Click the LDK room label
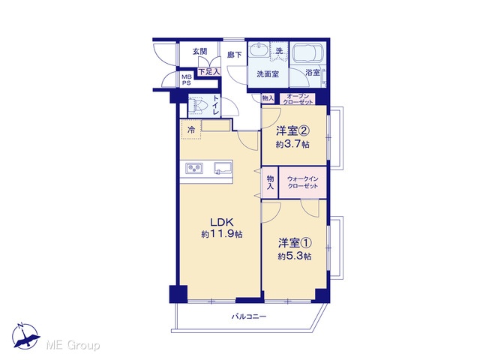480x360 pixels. click(222, 222)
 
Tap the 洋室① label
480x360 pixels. click(295, 243)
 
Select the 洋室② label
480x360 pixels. click(293, 131)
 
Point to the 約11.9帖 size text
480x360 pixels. click(222, 235)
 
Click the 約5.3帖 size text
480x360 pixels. click(295, 256)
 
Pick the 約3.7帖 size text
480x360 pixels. click(292, 144)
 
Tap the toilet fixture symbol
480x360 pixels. click(197, 105)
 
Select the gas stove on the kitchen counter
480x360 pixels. click(194, 168)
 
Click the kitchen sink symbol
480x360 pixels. click(223, 168)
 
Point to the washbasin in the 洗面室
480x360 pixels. click(259, 50)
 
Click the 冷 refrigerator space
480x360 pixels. click(191, 130)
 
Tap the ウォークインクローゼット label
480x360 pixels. click(303, 182)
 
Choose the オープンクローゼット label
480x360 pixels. click(298, 99)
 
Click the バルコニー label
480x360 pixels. click(249, 316)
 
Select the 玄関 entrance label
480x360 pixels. click(200, 52)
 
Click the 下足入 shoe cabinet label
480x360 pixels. click(209, 72)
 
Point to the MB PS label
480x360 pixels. click(187, 80)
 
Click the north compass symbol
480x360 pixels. click(25, 336)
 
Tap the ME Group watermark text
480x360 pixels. click(73, 346)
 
